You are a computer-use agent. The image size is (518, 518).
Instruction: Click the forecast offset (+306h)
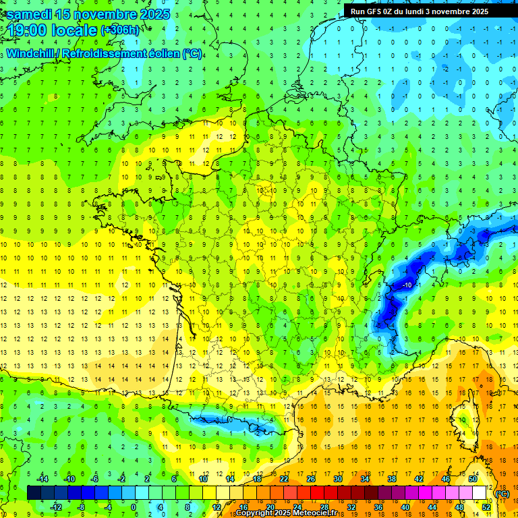tap(121, 30)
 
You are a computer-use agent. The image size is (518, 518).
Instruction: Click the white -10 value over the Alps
tap(407, 286)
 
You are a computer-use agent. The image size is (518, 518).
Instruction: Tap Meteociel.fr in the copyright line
tap(308, 513)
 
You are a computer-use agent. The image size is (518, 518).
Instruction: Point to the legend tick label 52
tap(486, 507)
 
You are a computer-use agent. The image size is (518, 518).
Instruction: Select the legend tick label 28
tap(324, 507)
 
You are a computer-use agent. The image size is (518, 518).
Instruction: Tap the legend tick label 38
tap(391, 479)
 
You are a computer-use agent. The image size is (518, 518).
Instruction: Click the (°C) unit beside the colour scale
tap(502, 493)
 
